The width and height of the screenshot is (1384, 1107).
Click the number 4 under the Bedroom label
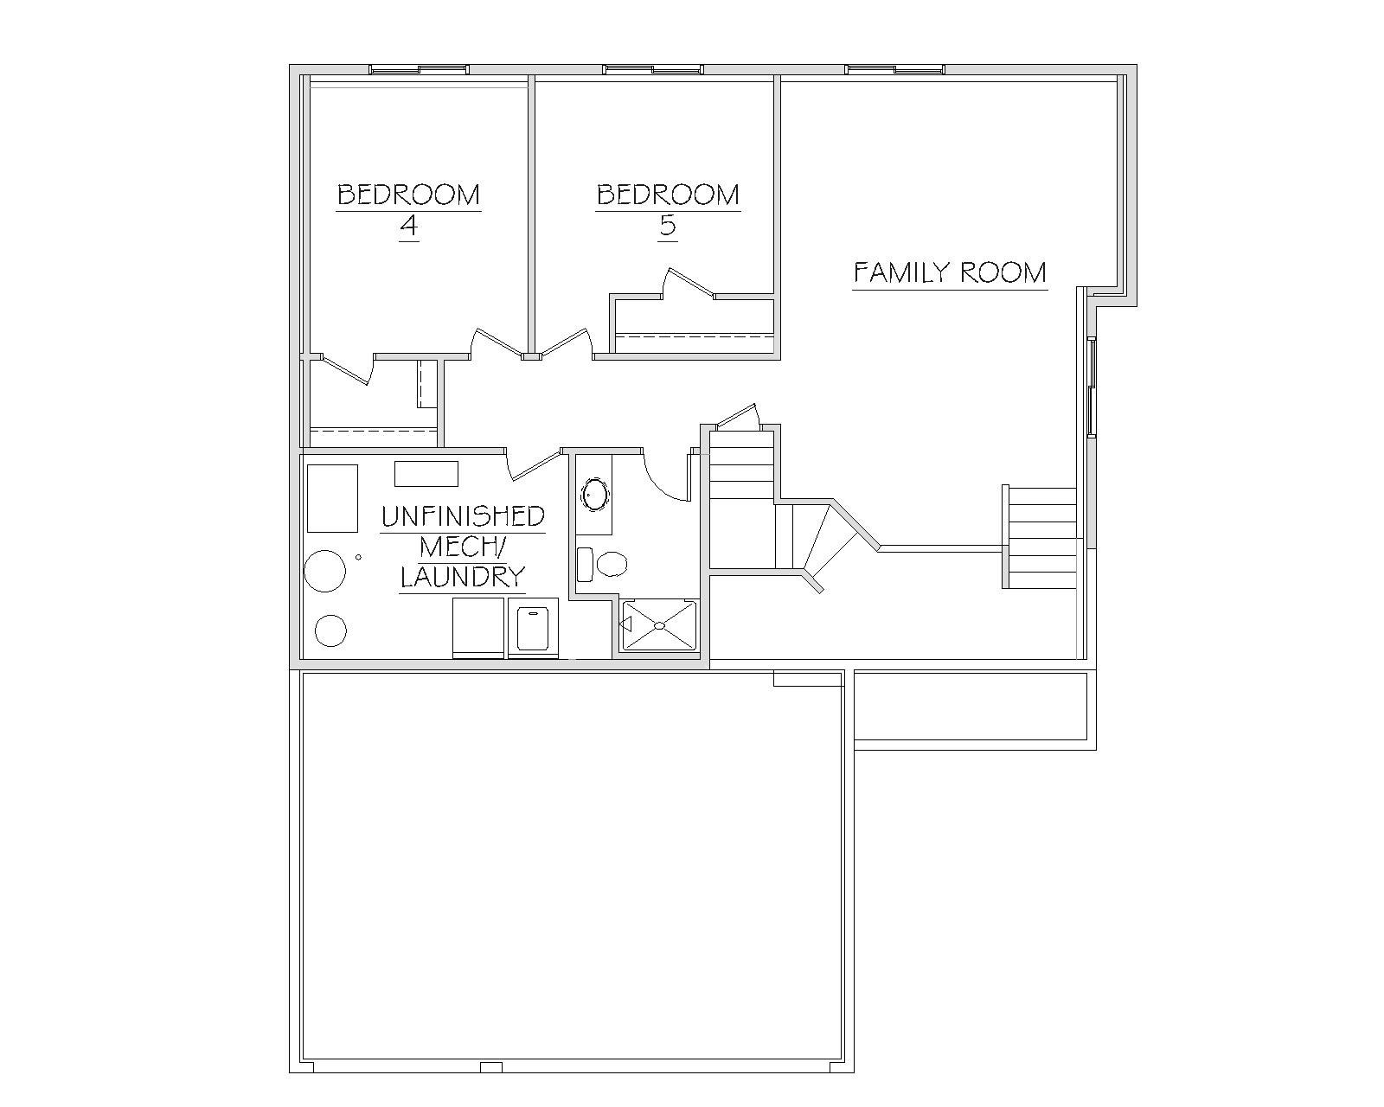[x=409, y=226]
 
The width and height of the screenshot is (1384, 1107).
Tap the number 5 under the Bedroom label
[x=668, y=226]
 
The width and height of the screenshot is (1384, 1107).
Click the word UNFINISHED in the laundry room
[x=463, y=516]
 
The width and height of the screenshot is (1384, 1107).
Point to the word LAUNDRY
[x=463, y=577]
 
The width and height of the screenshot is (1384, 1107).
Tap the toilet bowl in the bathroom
[x=612, y=565]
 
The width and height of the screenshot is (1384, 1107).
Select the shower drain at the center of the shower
[x=660, y=624]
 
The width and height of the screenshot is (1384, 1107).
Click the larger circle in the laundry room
[x=324, y=571]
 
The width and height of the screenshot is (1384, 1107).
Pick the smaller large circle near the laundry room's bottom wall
[x=330, y=631]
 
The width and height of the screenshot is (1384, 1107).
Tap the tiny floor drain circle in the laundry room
[x=358, y=557]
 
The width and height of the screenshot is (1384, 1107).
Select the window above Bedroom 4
[x=419, y=69]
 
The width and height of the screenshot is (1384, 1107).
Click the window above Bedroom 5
[x=653, y=69]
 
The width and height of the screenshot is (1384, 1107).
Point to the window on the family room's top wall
[x=894, y=69]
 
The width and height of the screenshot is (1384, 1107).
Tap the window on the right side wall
[x=1092, y=387]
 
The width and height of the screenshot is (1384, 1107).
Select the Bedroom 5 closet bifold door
[x=689, y=283]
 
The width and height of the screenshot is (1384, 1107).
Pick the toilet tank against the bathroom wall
[x=585, y=565]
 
